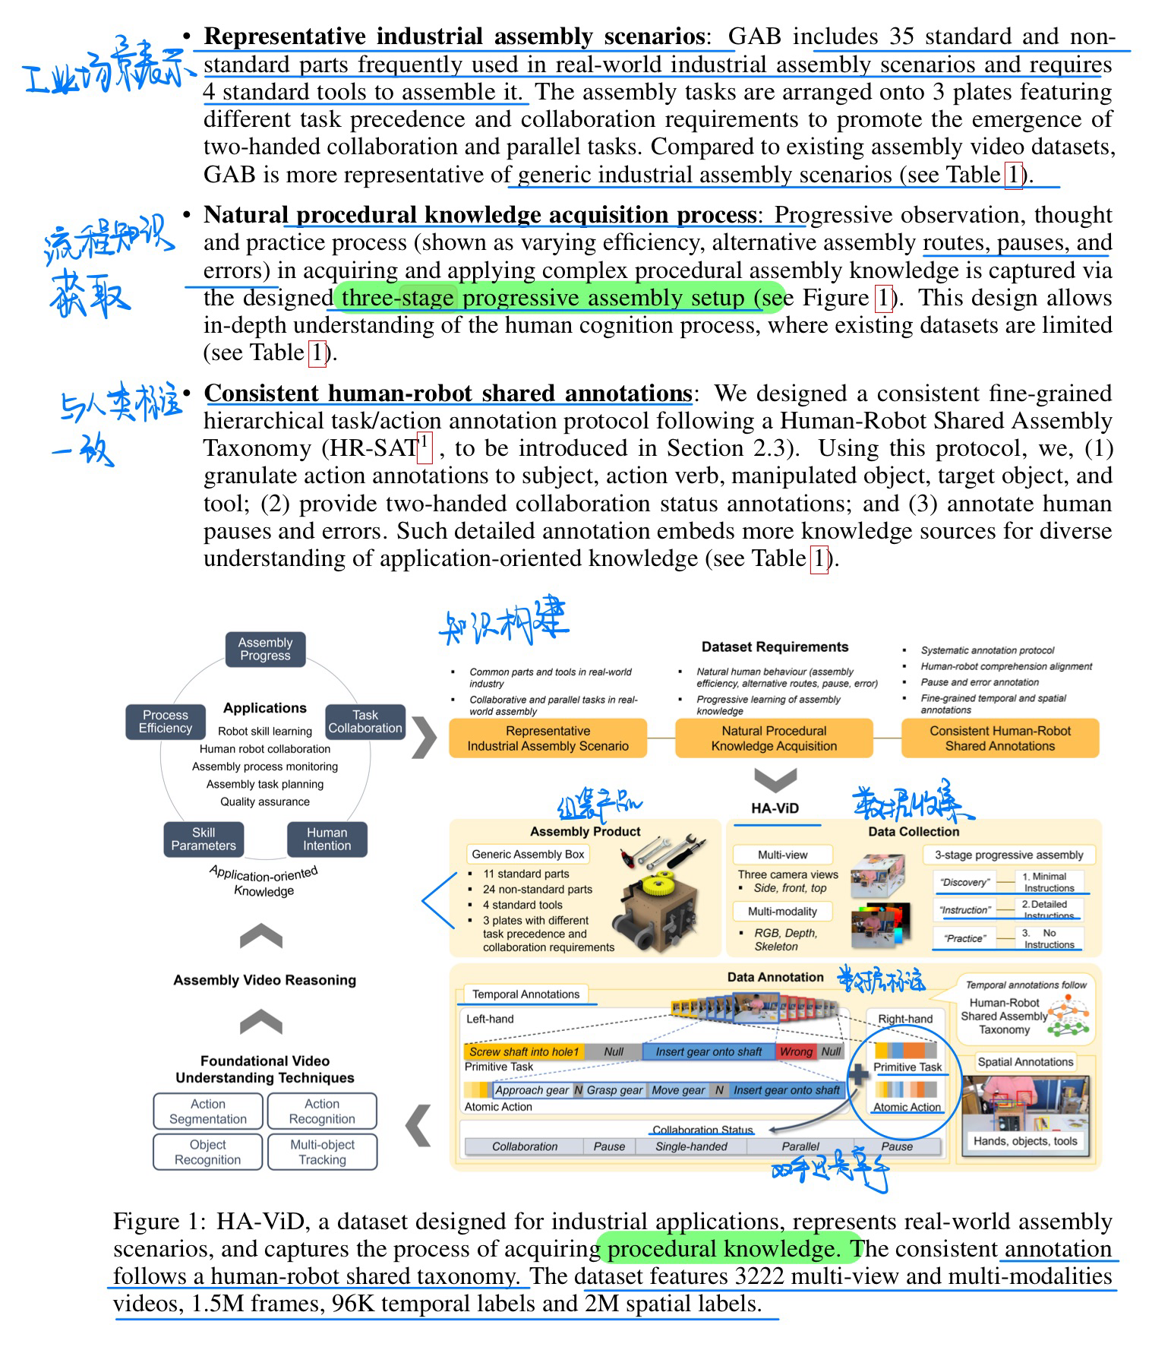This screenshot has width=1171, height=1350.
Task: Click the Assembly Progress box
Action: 265,649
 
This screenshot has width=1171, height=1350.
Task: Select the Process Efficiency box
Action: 165,722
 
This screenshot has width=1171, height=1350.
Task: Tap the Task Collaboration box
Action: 365,722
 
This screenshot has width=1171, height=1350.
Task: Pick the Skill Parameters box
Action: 204,839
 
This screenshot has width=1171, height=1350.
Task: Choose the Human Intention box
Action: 327,839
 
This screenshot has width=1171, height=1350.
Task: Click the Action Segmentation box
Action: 208,1111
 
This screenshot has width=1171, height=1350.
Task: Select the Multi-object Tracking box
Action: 322,1152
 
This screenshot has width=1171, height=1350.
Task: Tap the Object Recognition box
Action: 208,1152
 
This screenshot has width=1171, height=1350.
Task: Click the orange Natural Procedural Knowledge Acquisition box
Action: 774,738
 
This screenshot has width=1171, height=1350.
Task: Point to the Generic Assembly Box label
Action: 528,854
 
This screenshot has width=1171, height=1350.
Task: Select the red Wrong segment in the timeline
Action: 796,1051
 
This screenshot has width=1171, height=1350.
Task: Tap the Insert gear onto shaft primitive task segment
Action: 708,1051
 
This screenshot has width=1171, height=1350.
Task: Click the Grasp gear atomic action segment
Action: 614,1090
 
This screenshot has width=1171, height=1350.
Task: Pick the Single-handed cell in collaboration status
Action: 691,1146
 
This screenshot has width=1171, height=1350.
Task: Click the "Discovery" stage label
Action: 964,882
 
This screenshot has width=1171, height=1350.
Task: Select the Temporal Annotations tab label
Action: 526,994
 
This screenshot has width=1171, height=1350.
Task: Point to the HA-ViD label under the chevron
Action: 775,808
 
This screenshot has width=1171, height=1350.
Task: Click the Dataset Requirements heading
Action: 775,647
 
